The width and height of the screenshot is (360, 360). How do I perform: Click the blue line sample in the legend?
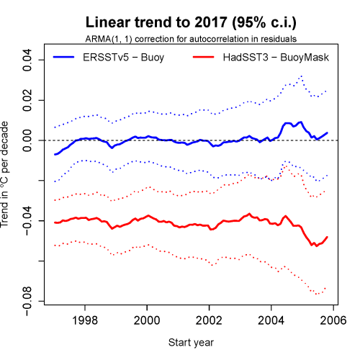tap(69, 54)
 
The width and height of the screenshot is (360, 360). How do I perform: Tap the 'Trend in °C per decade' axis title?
tap(7, 180)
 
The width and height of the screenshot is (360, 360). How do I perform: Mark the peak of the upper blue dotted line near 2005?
tap(301, 76)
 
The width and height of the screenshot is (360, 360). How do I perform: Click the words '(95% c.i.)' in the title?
tap(245, 22)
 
